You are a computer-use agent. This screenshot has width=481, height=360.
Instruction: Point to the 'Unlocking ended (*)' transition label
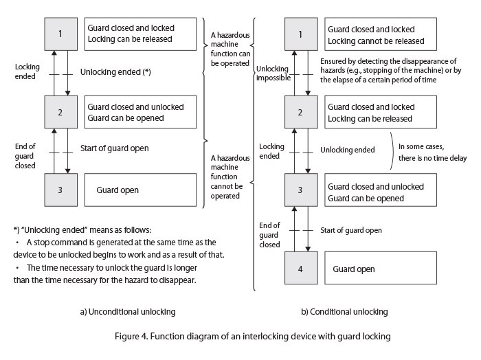pyautogui.click(x=115, y=71)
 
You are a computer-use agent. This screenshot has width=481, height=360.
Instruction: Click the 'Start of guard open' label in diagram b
pyautogui.click(x=351, y=230)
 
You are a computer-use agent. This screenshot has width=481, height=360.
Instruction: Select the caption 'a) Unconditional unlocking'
pyautogui.click(x=128, y=311)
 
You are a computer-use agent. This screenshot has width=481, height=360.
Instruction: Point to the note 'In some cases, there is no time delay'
pyautogui.click(x=437, y=152)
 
